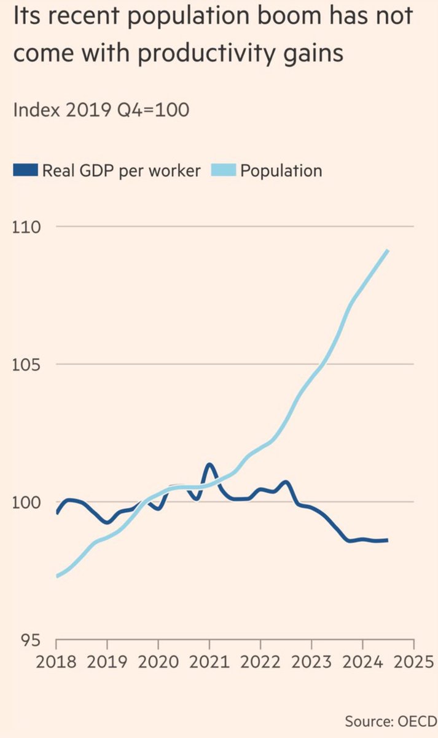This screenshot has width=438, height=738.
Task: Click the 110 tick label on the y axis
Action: [x=26, y=228]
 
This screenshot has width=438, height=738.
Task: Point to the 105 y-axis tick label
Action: [x=26, y=365]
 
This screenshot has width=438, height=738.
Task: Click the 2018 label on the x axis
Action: [x=56, y=662]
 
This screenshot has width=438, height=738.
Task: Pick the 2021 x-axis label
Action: [x=209, y=662]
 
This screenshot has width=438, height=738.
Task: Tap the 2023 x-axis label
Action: [x=311, y=662]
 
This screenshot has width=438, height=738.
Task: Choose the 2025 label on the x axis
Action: [x=413, y=662]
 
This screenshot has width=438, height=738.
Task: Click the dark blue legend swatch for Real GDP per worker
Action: [x=25, y=170]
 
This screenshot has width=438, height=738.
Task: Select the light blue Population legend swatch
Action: [x=224, y=170]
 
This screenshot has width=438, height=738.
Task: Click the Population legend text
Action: [x=281, y=171]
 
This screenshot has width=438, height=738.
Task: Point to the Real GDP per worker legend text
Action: [x=122, y=171]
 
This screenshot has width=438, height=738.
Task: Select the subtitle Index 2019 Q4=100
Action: [x=101, y=109]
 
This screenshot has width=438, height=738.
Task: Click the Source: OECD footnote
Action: [x=391, y=721]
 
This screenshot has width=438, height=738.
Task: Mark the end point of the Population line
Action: [x=388, y=251]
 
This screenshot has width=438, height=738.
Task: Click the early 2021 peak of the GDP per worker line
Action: [x=209, y=465]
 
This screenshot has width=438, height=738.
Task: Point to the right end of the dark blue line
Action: [x=388, y=541]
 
